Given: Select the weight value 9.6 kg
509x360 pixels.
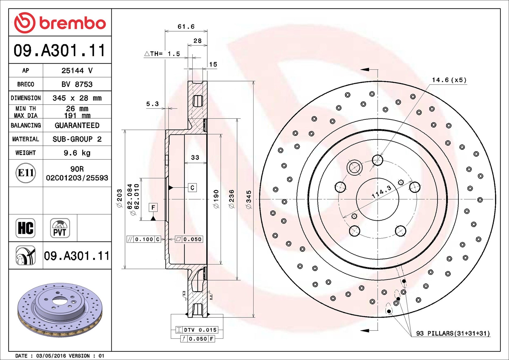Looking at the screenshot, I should point(77,153).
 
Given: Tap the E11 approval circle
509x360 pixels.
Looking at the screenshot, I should point(26,173).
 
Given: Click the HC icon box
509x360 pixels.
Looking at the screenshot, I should point(26,228).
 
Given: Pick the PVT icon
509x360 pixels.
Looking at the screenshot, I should point(60,228).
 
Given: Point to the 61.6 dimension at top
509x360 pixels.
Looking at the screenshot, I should point(186,27).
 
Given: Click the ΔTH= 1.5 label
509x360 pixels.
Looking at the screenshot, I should point(162,54).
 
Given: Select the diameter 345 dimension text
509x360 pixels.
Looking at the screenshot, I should point(249,199).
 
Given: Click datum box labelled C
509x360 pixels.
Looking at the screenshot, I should point(192,187).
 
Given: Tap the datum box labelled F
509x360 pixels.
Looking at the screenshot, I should point(153,207).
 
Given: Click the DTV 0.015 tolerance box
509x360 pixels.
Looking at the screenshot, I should point(197,330).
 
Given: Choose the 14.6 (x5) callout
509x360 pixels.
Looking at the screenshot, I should point(449,80).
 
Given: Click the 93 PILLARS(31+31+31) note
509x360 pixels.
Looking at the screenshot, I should point(453,333).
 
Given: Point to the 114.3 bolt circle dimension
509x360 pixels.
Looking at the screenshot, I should point(381,192).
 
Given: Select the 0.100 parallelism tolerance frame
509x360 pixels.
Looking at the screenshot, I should point(144,239).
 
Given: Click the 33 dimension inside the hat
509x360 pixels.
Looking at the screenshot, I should point(195,158).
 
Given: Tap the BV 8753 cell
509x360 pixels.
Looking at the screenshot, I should point(77,84).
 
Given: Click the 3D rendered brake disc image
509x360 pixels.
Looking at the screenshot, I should point(60,309).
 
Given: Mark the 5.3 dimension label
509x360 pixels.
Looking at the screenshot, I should point(152,104).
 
